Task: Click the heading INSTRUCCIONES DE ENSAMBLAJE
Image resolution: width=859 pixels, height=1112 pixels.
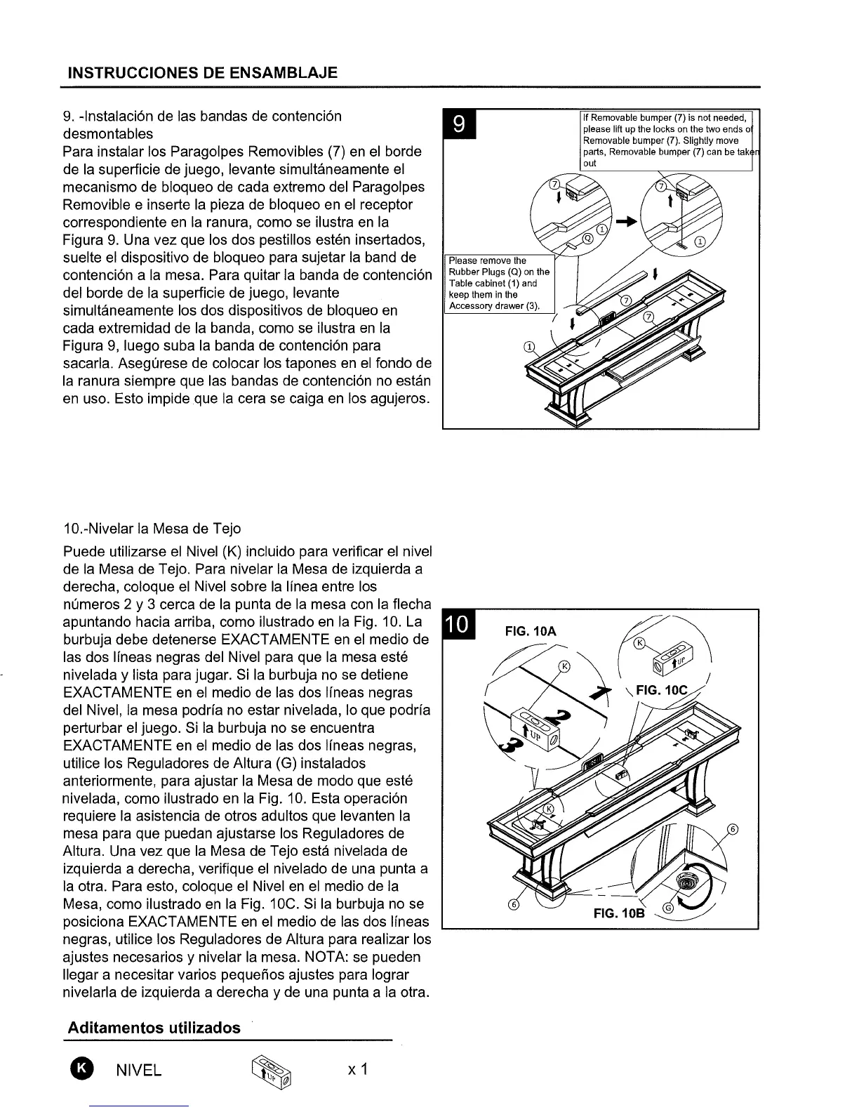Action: pos(202,72)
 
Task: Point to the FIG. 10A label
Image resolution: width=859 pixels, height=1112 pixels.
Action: pos(531,631)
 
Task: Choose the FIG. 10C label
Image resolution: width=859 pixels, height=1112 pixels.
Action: pos(662,690)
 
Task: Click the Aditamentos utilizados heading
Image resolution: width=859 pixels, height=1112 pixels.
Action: pos(154,1028)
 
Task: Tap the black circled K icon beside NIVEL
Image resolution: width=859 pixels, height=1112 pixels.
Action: pos(81,1068)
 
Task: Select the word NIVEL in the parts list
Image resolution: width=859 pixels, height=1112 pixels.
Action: pos(139,1070)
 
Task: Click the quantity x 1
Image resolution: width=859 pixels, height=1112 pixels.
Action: pos(358,1069)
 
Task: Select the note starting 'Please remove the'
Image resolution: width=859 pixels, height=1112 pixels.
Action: pos(499,283)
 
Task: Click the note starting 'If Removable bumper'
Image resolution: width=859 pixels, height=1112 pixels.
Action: pos(665,140)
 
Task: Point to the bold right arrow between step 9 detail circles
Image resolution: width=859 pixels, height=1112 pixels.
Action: pos(626,221)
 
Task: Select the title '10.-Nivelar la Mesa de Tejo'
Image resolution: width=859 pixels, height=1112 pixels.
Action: pos(152,528)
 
